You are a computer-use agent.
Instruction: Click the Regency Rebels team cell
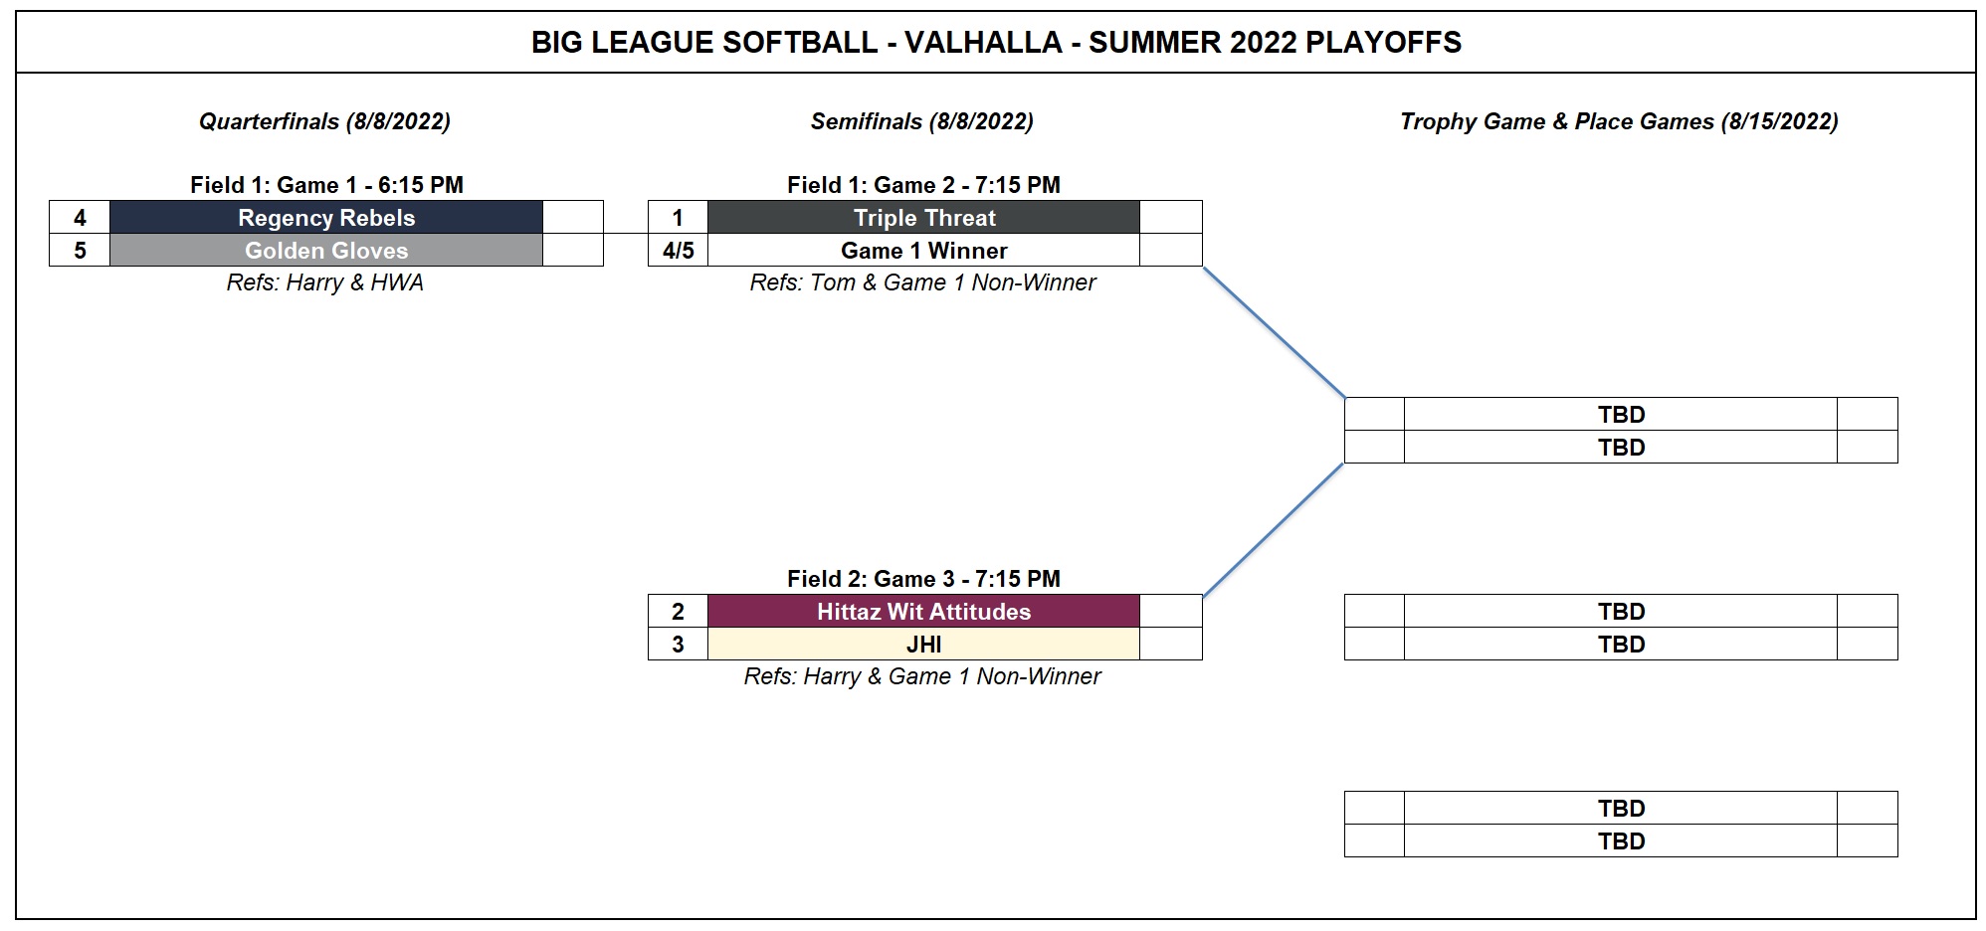(326, 217)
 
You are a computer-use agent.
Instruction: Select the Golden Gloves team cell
(326, 250)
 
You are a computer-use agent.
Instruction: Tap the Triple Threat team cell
(923, 217)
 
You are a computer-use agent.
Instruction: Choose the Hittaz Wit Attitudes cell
(923, 611)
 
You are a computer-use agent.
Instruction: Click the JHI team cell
(923, 644)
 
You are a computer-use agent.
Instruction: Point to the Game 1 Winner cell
(923, 250)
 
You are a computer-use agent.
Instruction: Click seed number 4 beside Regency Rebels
(80, 217)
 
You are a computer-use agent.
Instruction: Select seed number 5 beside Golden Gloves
(80, 250)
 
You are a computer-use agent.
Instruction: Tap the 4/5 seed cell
(678, 250)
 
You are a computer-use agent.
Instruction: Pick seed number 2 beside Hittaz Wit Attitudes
(678, 611)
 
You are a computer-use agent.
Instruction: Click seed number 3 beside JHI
(678, 644)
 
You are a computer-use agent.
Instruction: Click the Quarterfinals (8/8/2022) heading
(324, 121)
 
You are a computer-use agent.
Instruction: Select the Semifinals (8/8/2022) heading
(921, 121)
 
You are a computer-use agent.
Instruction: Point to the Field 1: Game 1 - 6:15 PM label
(326, 184)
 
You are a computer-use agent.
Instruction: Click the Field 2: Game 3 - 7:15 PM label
(923, 578)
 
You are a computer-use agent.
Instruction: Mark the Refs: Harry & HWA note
(324, 282)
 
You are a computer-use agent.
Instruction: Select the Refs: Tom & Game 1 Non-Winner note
(922, 282)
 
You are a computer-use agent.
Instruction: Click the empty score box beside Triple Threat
(1171, 217)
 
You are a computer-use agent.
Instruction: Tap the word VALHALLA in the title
(983, 42)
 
